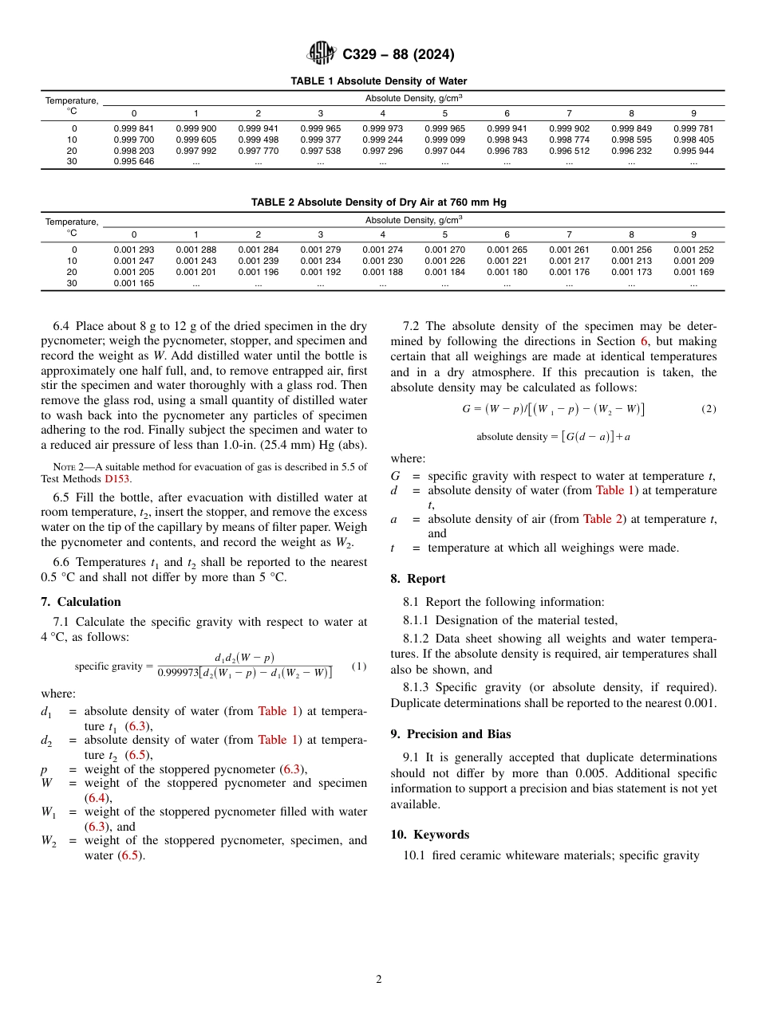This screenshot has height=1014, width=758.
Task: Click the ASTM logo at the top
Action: click(322, 54)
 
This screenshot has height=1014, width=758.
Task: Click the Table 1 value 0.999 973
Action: click(382, 128)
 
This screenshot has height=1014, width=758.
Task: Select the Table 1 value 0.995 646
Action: click(134, 161)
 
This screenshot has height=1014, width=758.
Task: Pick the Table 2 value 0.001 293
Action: click(134, 250)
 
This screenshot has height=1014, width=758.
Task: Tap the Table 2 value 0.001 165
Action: click(134, 283)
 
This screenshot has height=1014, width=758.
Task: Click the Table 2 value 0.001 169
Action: click(693, 272)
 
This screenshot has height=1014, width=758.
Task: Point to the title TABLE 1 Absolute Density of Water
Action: click(379, 81)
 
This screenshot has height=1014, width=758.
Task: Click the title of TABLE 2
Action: click(379, 202)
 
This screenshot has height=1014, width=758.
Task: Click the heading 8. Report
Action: click(418, 579)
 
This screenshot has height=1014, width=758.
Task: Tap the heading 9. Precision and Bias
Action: click(451, 734)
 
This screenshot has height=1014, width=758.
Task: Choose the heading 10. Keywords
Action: click(430, 835)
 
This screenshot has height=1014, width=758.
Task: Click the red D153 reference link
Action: click(117, 479)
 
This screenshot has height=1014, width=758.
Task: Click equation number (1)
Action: click(359, 666)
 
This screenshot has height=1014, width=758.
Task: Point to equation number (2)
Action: click(709, 409)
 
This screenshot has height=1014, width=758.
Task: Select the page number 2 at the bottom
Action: click(379, 980)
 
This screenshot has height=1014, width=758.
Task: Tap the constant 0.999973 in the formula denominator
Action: click(177, 673)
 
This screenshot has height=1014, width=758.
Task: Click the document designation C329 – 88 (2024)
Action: click(398, 54)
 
